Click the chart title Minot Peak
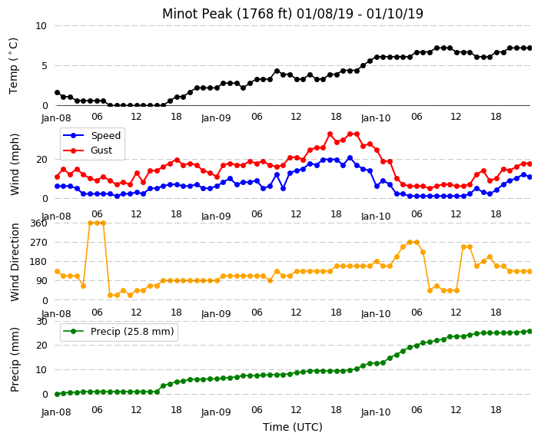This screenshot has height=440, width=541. point(197,14)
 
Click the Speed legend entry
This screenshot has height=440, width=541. point(91,135)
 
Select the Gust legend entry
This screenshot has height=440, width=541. point(88,151)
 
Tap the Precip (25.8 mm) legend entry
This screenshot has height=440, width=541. point(118,332)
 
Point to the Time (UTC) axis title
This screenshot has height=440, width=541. point(293,427)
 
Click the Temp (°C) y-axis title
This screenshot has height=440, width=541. point(14,66)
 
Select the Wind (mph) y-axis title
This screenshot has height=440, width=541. point(15,164)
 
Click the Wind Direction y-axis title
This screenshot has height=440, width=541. point(15,262)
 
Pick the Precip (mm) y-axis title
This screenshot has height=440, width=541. point(15,359)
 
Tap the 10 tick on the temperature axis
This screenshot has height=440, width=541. point(41,26)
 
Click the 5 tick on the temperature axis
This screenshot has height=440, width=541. point(44,66)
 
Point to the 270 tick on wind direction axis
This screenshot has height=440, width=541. point(39,243)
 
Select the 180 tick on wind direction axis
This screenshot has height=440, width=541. point(39,262)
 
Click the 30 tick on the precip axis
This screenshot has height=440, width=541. point(41,321)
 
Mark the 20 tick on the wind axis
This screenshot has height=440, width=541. point(41,159)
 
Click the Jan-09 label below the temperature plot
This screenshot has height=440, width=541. point(216,118)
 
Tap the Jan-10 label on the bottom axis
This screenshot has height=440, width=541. point(376,412)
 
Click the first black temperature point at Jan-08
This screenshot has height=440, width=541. point(58,93)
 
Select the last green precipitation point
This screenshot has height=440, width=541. point(530,331)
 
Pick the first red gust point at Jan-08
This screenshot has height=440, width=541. point(58,177)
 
